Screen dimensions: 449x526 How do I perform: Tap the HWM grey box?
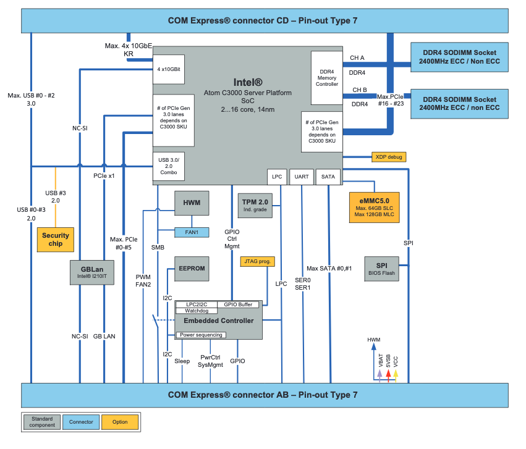192,203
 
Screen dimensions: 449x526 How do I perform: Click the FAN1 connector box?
192,232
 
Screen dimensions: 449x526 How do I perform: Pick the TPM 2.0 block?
255,204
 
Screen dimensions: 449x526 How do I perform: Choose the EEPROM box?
192,269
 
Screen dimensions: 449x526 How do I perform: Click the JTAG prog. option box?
257,261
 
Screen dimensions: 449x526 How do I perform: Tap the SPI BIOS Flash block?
381,268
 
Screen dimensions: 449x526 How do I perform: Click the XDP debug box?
389,157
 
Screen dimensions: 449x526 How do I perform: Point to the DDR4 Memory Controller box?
327,78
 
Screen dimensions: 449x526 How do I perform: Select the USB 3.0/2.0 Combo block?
169,167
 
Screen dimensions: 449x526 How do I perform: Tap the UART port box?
302,177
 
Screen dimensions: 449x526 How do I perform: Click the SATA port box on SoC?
328,177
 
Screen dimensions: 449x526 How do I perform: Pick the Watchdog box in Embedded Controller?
197,311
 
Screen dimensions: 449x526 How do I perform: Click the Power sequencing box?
201,335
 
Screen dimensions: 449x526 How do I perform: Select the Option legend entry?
120,422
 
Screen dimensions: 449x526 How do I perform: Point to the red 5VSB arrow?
388,374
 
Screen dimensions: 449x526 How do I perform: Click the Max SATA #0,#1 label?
329,268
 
